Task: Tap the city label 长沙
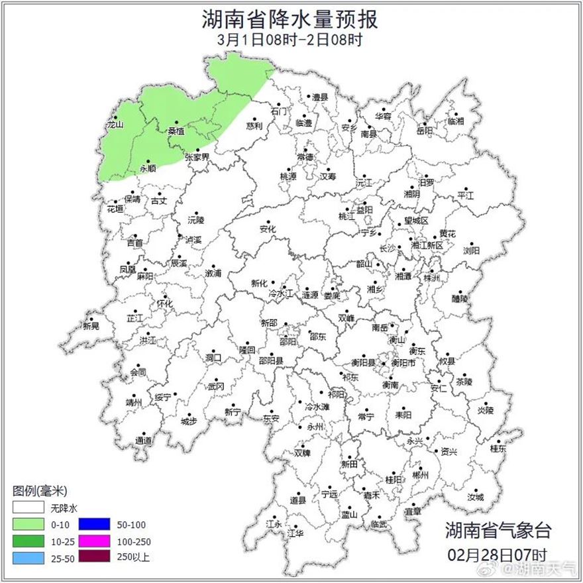(386, 248)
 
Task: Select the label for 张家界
(197, 157)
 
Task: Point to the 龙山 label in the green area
(115, 124)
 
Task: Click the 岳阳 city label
(425, 131)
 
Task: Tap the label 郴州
(420, 476)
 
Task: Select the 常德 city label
(305, 157)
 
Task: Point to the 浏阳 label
(471, 250)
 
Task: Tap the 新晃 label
(91, 326)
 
